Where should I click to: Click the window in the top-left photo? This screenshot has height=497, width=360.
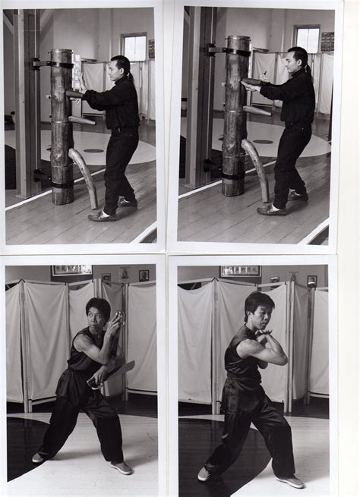click(x=134, y=48)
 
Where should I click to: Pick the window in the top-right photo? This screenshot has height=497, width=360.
click(x=307, y=40)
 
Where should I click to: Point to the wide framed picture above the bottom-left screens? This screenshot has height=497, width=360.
click(x=71, y=270)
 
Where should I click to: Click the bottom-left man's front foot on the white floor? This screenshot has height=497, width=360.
click(x=122, y=467)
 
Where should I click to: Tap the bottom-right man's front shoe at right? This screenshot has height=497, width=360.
click(x=290, y=481)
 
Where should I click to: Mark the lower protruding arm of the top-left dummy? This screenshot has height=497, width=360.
click(x=82, y=120)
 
